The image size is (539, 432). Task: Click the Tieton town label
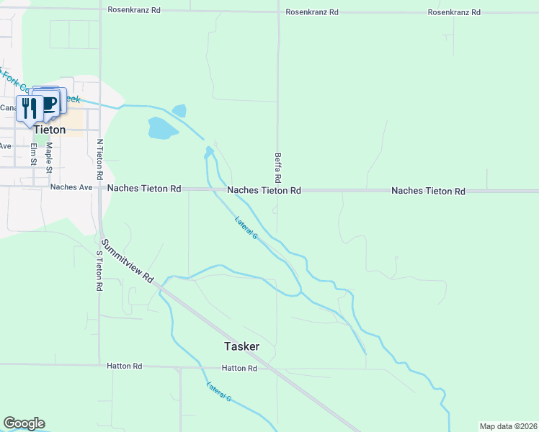click(50, 130)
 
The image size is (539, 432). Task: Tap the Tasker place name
click(241, 346)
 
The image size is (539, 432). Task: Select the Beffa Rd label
click(277, 166)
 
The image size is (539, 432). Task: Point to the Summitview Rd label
click(128, 260)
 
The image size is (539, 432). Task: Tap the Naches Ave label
click(71, 187)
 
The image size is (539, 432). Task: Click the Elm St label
click(34, 154)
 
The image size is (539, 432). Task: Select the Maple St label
click(50, 154)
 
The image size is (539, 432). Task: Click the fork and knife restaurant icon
click(29, 108)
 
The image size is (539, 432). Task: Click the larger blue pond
click(162, 128)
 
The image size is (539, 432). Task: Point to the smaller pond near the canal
click(179, 111)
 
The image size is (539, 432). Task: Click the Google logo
click(24, 423)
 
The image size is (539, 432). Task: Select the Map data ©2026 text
click(509, 426)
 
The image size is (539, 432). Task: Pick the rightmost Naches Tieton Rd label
click(428, 191)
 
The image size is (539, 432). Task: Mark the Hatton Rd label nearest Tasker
click(239, 368)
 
